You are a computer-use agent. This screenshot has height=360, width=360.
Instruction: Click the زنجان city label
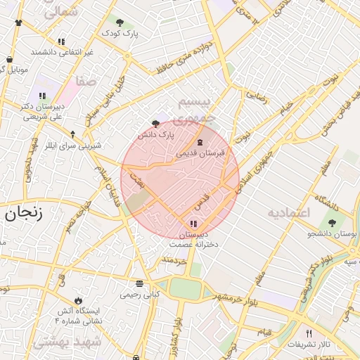[24, 213]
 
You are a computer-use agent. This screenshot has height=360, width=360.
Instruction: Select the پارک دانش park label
[155, 134]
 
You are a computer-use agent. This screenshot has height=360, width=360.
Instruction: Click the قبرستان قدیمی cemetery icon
[200, 142]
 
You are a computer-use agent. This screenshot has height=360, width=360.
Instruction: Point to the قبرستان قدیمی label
[200, 153]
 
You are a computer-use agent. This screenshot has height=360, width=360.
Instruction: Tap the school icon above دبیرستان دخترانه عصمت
[193, 224]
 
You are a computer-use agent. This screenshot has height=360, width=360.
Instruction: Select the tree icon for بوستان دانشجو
[332, 223]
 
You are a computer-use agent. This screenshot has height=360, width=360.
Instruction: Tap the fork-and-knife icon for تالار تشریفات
[308, 333]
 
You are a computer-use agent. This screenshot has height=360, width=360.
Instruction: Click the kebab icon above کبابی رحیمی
[140, 284]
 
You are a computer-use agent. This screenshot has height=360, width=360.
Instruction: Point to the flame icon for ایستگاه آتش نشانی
[77, 299]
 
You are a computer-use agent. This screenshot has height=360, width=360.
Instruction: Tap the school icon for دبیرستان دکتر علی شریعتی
[42, 96]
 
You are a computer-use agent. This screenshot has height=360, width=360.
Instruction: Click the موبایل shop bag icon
[8, 60]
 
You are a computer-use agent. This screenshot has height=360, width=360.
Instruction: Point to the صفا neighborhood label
[86, 82]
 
